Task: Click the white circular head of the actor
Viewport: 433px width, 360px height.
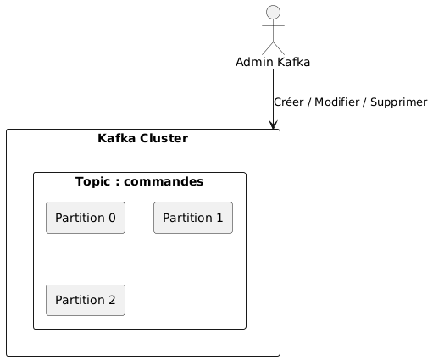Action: coord(273,12)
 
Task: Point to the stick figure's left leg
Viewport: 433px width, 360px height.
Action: coord(267,49)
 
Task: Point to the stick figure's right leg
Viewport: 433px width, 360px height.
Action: coord(279,49)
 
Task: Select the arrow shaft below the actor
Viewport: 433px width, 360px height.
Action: coord(273,93)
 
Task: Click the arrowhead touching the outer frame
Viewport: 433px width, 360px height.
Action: coord(273,125)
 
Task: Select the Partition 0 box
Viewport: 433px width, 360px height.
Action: coord(86,218)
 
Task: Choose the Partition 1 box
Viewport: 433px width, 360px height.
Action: coord(192,218)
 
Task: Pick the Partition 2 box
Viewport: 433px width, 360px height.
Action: coord(86,299)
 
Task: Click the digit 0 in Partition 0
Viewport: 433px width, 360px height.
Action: coord(112,218)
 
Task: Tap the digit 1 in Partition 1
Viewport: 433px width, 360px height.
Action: coord(219,218)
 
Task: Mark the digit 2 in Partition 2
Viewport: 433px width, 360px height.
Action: coord(112,299)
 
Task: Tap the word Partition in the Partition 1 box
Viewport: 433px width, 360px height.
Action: coord(186,218)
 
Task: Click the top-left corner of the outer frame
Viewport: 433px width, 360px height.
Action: coord(7,130)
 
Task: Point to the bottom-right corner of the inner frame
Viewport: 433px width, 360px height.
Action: coord(245,328)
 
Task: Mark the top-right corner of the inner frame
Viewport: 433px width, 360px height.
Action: coord(245,174)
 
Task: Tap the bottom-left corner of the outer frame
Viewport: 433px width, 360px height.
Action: coord(7,355)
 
